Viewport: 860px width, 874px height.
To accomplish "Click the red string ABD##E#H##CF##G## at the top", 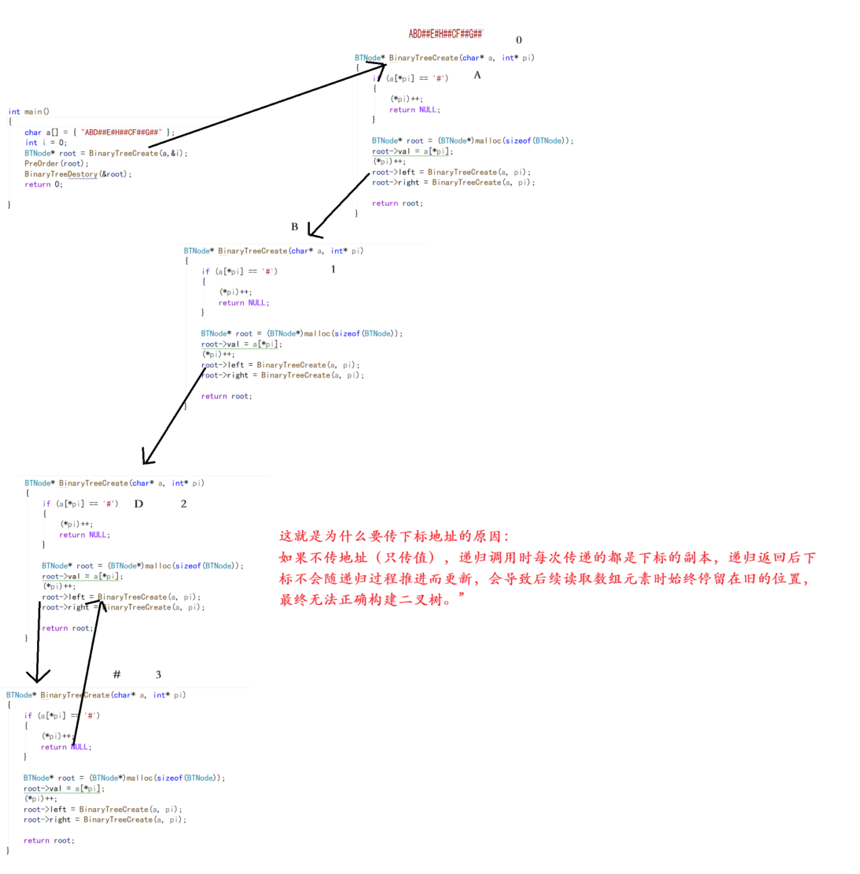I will (x=445, y=34).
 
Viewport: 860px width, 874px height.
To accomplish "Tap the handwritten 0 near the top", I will (x=519, y=40).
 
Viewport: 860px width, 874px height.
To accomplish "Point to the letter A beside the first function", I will (x=477, y=75).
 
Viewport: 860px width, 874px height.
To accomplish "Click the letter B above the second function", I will (x=294, y=227).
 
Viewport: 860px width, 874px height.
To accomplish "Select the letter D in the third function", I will (x=139, y=504).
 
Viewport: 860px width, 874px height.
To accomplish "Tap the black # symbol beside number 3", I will (x=117, y=674).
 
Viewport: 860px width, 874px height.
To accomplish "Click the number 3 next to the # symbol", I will (x=158, y=675).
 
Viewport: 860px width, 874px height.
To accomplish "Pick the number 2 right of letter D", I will (x=183, y=504).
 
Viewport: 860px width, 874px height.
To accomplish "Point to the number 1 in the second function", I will (x=333, y=269).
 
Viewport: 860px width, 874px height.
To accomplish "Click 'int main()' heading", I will (x=29, y=112).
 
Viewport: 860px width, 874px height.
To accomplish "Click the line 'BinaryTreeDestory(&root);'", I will (x=78, y=174).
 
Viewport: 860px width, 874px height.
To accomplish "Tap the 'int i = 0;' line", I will (x=46, y=143).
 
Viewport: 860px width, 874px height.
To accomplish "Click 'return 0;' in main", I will (x=43, y=184).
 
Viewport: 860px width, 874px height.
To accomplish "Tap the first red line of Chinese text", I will (x=394, y=536).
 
